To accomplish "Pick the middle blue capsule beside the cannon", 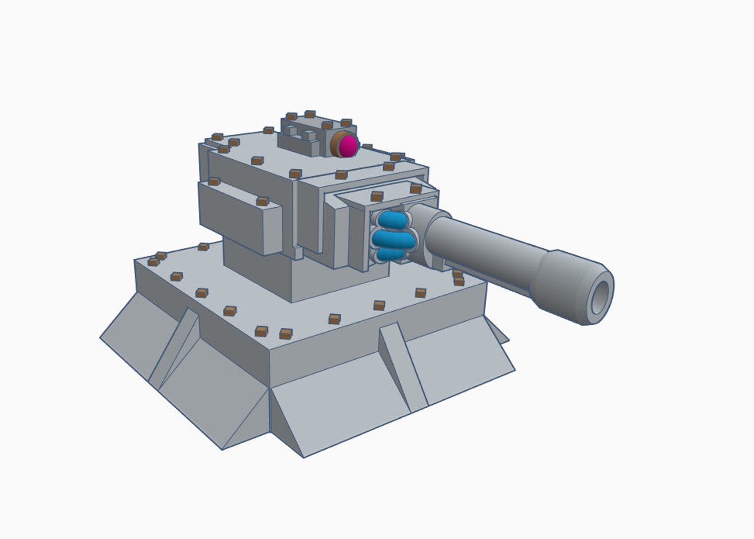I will coord(393,238).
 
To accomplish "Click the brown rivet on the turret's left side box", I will coord(262,202).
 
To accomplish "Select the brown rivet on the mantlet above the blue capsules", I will coord(377,196).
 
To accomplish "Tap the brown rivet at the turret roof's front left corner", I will coord(295,174).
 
